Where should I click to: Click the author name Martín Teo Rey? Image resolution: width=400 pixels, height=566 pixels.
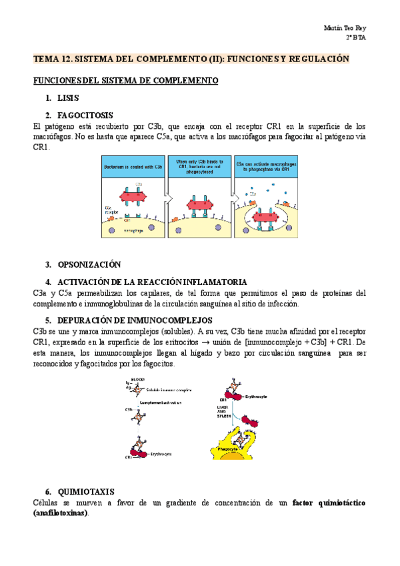345,29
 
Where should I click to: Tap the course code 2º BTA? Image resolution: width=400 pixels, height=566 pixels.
356,38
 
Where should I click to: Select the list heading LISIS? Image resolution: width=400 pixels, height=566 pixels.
68,98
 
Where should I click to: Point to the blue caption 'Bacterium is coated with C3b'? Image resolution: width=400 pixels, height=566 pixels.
132,166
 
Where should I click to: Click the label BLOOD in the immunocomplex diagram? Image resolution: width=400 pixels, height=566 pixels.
138,379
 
